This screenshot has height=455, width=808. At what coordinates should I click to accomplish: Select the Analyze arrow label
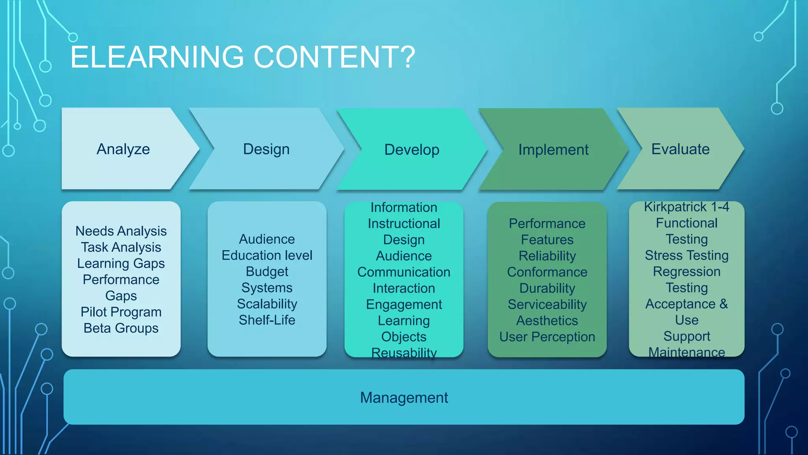pyautogui.click(x=123, y=149)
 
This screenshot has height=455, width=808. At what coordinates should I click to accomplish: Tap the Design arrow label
pyautogui.click(x=266, y=149)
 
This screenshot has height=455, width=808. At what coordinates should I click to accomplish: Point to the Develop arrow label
pyautogui.click(x=411, y=150)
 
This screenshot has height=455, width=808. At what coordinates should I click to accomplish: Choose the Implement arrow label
pyautogui.click(x=553, y=150)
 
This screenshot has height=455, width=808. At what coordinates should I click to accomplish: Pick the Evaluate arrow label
pyautogui.click(x=680, y=149)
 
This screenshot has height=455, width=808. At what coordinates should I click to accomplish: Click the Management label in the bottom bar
pyautogui.click(x=404, y=397)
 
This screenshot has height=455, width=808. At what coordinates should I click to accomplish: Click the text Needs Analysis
pyautogui.click(x=121, y=231)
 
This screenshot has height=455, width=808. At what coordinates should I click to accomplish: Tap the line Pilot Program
pyautogui.click(x=121, y=312)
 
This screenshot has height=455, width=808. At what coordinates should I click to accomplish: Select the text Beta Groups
pyautogui.click(x=121, y=328)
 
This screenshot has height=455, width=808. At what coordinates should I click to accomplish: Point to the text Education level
pyautogui.click(x=267, y=256)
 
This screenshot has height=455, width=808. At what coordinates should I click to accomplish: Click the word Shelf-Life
pyautogui.click(x=267, y=320)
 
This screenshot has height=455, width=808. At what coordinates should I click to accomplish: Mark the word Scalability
pyautogui.click(x=267, y=304)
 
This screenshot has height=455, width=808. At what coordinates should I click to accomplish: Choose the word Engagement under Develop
pyautogui.click(x=404, y=305)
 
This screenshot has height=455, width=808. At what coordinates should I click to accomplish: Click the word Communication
pyautogui.click(x=404, y=272)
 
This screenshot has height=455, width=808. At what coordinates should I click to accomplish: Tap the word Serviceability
pyautogui.click(x=547, y=305)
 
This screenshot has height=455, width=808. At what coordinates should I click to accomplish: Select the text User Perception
pyautogui.click(x=547, y=337)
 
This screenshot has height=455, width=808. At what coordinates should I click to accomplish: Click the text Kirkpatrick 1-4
pyautogui.click(x=686, y=207)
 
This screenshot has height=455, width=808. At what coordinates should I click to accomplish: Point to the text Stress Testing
pyautogui.click(x=686, y=256)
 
